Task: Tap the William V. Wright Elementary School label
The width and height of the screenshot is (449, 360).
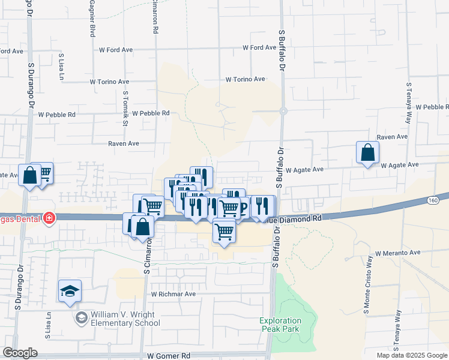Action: (125, 319)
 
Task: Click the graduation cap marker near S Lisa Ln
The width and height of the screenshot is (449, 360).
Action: (70, 291)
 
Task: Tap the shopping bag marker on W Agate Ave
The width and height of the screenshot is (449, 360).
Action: (367, 153)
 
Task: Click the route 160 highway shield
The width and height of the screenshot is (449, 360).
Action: (433, 200)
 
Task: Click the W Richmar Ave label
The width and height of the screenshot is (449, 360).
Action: (173, 294)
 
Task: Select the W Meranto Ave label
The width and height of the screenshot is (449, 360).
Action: (398, 253)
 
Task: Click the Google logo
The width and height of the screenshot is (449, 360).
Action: (20, 353)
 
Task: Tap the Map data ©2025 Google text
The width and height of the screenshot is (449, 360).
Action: (411, 355)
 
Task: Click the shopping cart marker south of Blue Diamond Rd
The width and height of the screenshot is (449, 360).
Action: (224, 230)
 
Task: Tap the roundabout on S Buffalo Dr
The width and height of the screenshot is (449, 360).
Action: (283, 111)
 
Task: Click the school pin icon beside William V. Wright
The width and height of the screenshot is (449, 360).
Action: (80, 319)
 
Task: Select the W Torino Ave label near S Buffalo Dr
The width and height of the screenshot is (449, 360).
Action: (245, 79)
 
